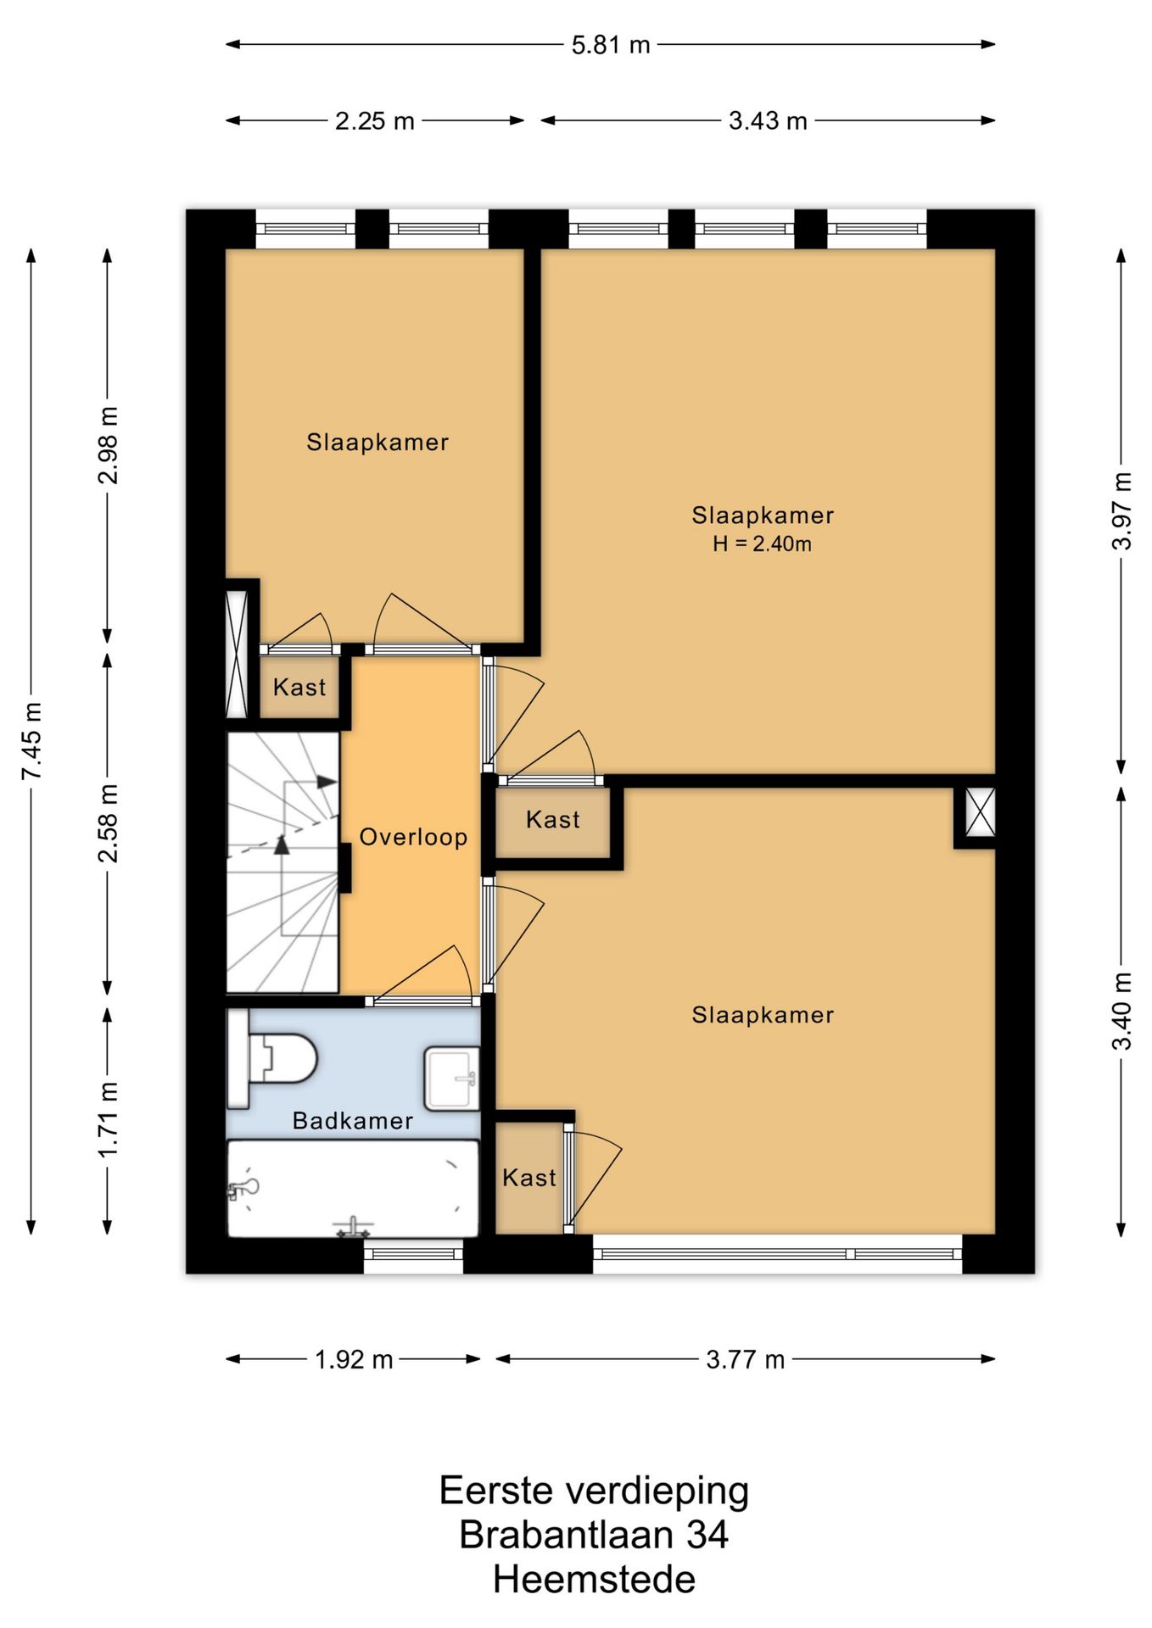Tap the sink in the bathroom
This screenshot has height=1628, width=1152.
[451, 1079]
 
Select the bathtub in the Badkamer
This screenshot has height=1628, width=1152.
[353, 1189]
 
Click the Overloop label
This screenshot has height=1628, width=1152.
[413, 837]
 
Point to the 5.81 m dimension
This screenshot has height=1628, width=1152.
[610, 44]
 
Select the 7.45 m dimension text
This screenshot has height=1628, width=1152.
[31, 741]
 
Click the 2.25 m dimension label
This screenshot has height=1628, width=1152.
[374, 120]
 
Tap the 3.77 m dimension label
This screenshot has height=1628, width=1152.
[745, 1359]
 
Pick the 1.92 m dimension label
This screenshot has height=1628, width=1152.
[354, 1359]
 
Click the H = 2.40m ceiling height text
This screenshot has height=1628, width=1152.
[762, 544]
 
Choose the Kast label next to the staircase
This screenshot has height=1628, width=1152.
[299, 687]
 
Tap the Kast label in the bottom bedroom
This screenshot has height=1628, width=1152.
[529, 1177]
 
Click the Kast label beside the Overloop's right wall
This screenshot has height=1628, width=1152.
[553, 819]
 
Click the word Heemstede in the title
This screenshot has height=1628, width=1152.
[594, 1579]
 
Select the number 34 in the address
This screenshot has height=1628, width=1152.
[707, 1534]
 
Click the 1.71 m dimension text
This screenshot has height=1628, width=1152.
[108, 1119]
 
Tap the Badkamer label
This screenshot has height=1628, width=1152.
[353, 1121]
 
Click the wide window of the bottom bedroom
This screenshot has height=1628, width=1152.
[777, 1254]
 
